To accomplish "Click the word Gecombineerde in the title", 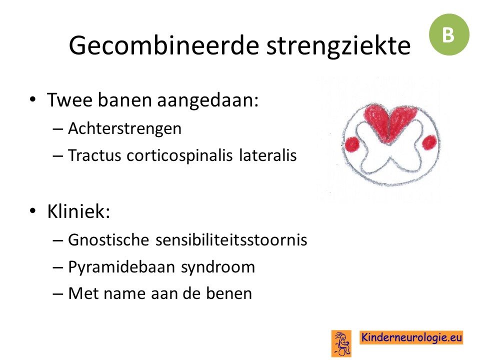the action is tap(164, 45).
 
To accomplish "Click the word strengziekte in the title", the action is tap(338, 45).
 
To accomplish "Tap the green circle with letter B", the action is tap(449, 34).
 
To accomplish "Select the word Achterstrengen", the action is tap(124, 128).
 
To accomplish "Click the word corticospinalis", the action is tap(179, 155).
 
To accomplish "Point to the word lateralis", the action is tap(268, 155).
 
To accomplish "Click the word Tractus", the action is tap(94, 155).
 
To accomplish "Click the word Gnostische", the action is tap(108, 239).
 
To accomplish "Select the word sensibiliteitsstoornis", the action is tap(231, 239).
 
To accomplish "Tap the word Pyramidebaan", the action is tap(121, 267).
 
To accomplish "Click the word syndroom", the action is tap(218, 267).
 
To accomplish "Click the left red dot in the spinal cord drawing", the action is tap(351, 143).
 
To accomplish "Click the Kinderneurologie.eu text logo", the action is tap(411, 337).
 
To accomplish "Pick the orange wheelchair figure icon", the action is tap(341, 343).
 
